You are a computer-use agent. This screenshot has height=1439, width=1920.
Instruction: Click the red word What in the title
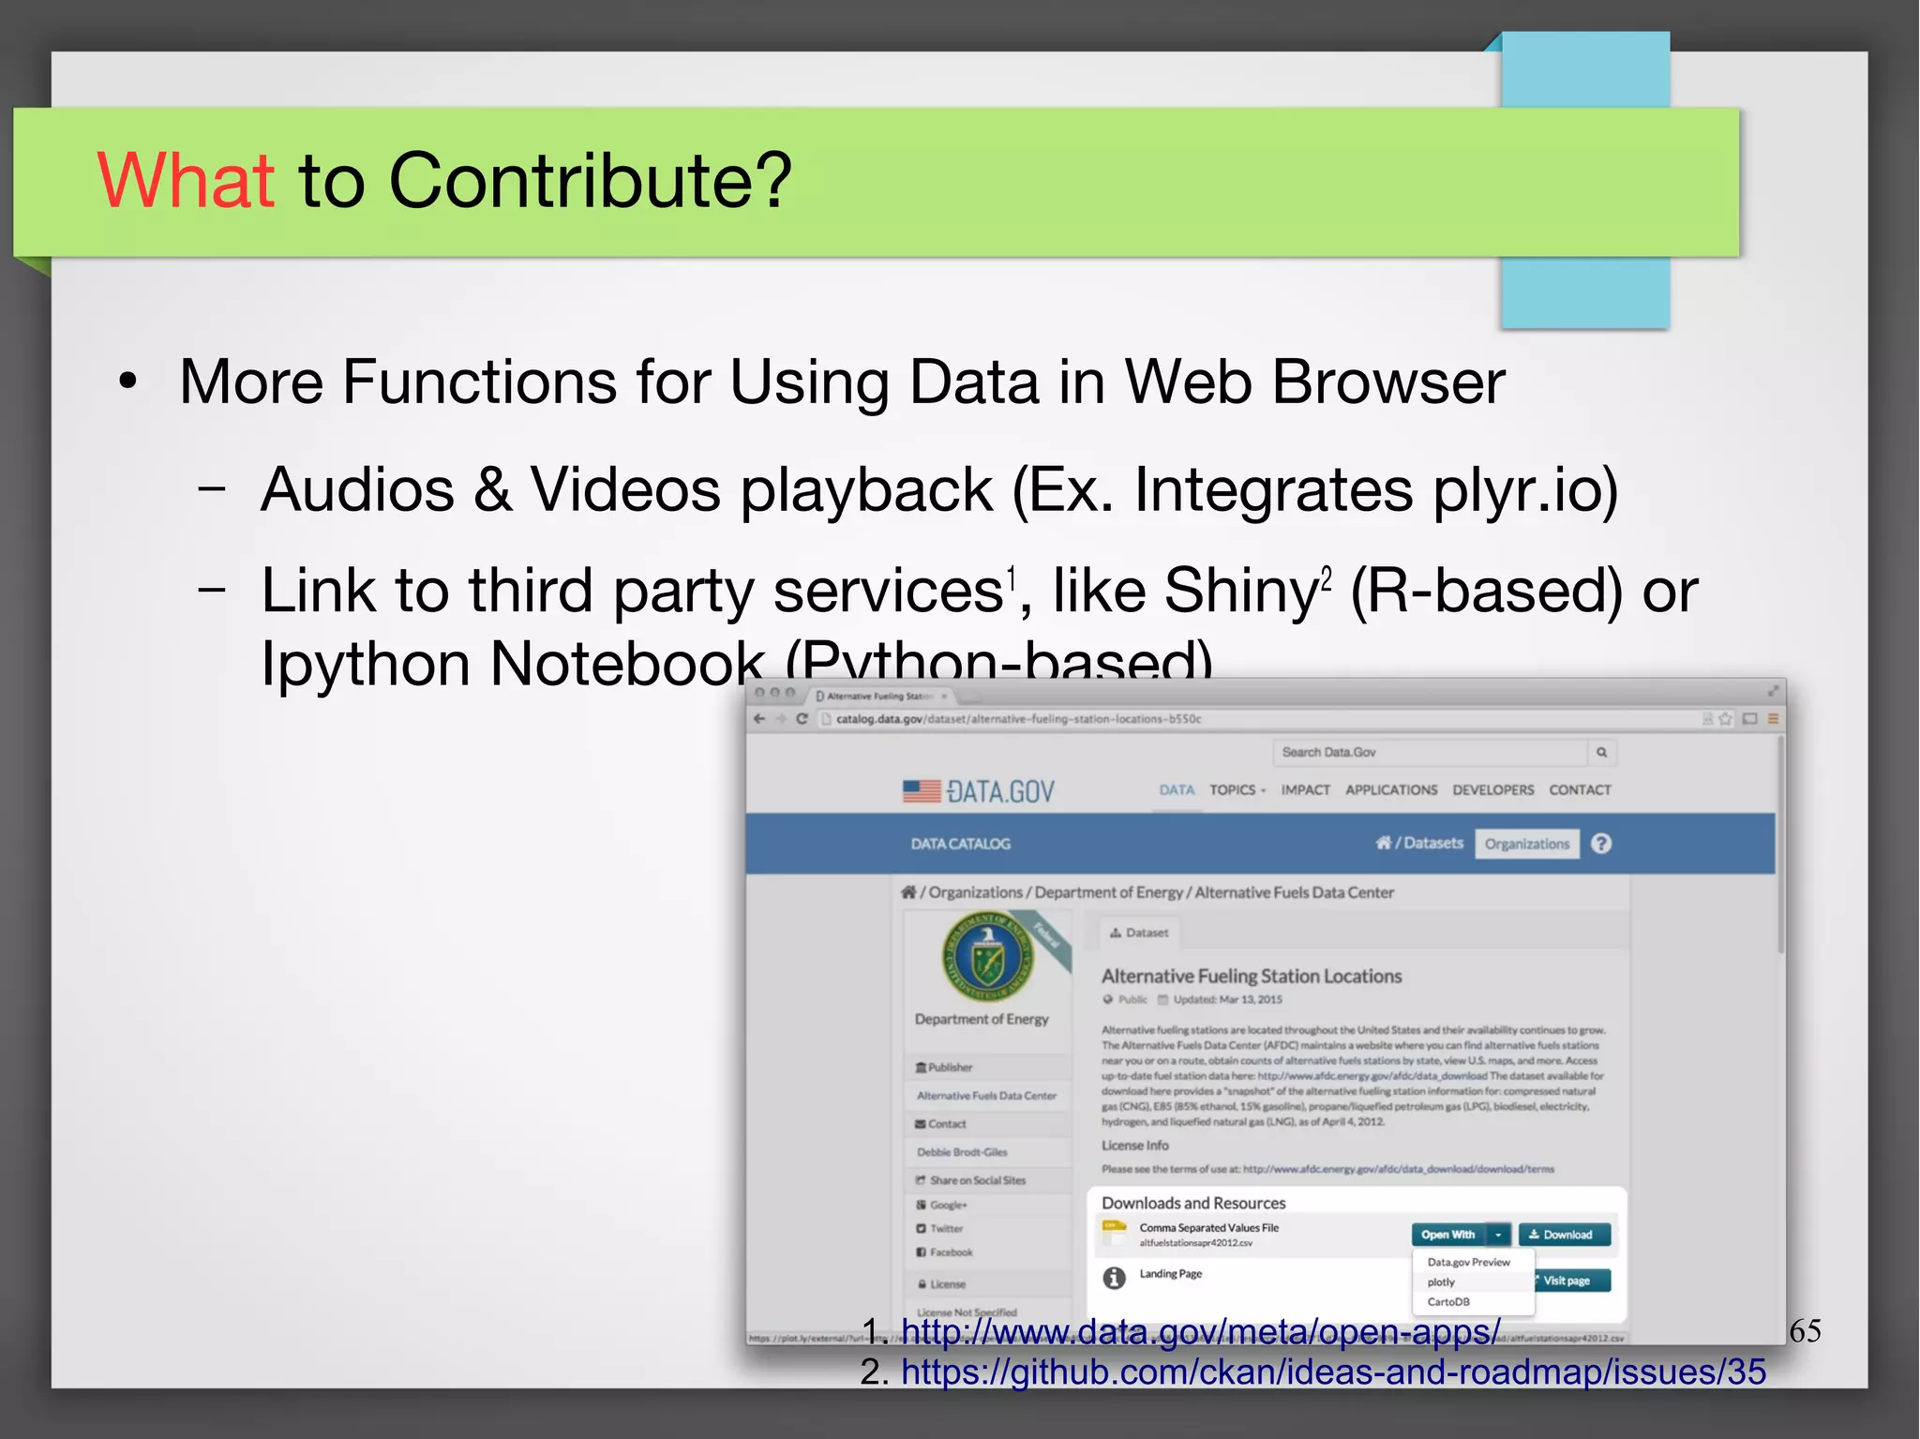[185, 180]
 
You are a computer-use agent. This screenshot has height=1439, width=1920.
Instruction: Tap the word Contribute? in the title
[591, 180]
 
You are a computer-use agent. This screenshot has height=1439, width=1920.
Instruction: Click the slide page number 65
[1805, 1330]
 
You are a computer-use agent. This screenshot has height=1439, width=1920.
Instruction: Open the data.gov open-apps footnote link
[1200, 1331]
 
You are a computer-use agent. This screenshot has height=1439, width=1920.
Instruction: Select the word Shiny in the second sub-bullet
[1239, 592]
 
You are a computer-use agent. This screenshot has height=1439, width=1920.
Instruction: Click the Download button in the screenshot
[1563, 1235]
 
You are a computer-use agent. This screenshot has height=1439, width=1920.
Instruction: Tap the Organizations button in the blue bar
[1526, 844]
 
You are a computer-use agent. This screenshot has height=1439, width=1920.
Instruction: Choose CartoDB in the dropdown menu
[1448, 1302]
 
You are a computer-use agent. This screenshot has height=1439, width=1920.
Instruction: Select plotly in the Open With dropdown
[1442, 1282]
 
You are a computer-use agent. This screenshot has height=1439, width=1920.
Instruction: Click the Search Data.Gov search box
[1429, 752]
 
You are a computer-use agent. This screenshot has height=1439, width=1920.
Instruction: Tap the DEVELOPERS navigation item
[1492, 790]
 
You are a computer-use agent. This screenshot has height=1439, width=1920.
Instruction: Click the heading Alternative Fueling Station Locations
[1252, 976]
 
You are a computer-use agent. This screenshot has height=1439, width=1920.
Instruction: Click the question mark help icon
[1601, 844]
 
